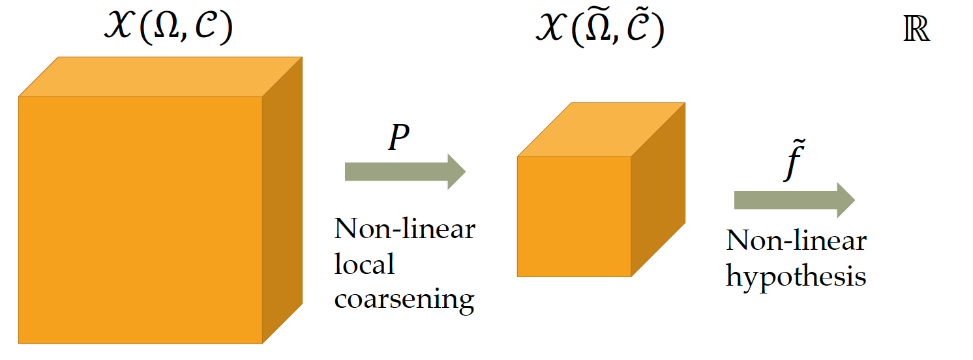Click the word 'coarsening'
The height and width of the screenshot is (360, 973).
[x=404, y=299]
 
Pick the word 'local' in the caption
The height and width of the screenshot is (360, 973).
[x=365, y=264]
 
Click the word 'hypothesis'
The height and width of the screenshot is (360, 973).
[x=796, y=277]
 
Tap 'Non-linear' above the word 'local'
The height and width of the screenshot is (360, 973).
[x=404, y=230]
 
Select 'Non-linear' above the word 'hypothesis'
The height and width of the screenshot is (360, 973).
[x=796, y=241]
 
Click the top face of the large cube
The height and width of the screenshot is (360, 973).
[x=160, y=77]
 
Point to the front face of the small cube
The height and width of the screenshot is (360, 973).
[x=574, y=217]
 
